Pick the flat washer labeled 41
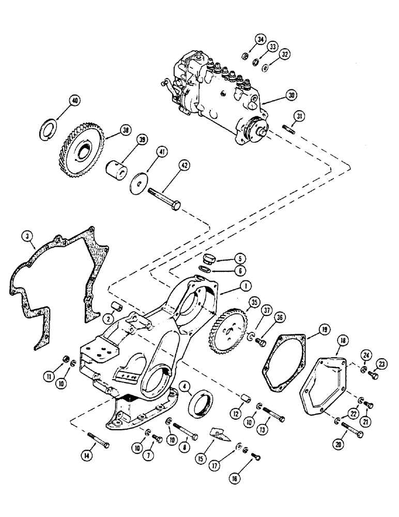coord(138,184)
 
